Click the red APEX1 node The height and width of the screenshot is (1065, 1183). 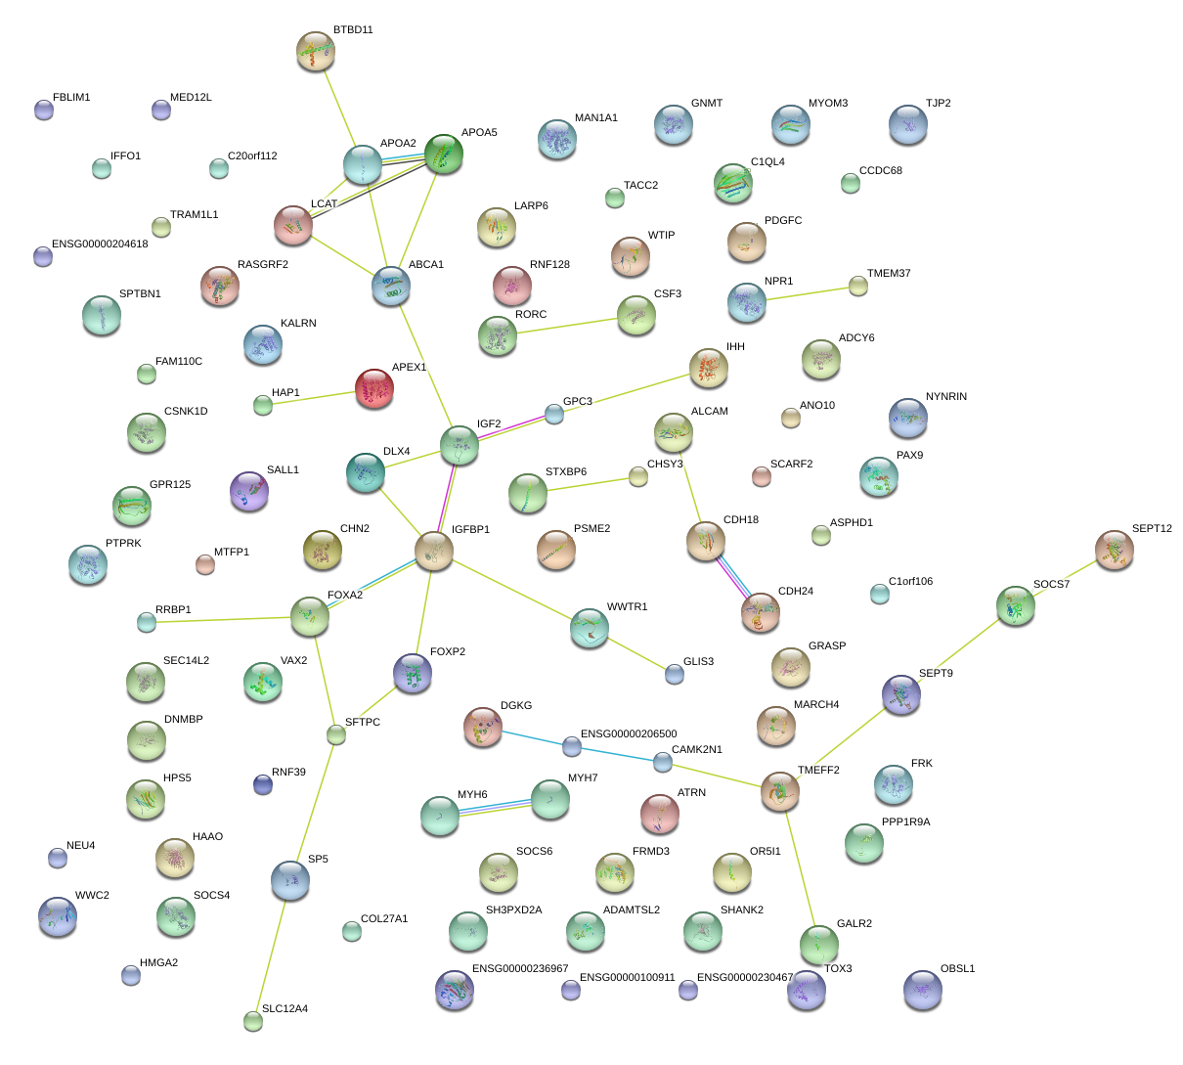coord(373,388)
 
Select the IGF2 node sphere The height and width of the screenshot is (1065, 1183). coord(460,445)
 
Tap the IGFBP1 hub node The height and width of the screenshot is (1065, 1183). coord(433,551)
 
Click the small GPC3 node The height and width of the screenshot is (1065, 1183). coord(554,414)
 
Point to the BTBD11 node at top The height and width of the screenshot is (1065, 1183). coord(316,51)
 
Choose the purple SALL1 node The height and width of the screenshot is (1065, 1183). coord(249,491)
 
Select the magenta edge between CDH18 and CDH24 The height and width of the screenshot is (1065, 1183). coord(733,575)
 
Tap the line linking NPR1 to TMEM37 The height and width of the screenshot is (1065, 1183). coord(811,294)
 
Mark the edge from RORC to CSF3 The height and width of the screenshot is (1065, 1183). coord(567,326)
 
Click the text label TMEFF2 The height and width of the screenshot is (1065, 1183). coord(817,770)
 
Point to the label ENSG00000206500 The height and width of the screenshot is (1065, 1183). coord(629,733)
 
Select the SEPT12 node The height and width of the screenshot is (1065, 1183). coord(1114,550)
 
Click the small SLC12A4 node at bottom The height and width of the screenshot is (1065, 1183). coord(253,1021)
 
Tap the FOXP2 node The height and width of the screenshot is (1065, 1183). coord(413,673)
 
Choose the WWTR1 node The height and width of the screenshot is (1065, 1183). coord(590,628)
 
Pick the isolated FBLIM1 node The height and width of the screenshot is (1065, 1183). coord(44,110)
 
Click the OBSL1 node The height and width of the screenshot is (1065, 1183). coord(923,990)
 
